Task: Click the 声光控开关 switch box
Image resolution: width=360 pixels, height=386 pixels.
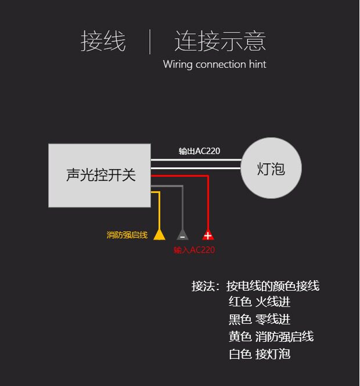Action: tap(99, 175)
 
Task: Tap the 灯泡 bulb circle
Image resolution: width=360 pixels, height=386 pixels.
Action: tap(271, 169)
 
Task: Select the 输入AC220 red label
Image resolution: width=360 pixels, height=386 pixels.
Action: tap(194, 250)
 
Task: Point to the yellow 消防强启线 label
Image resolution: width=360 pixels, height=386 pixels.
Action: tap(127, 235)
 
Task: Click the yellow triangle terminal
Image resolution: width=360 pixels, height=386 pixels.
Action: tap(159, 235)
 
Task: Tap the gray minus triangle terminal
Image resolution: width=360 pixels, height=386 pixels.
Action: tap(182, 235)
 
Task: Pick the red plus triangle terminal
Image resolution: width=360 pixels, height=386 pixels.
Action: tap(208, 235)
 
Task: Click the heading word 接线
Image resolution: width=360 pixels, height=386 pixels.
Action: tap(103, 41)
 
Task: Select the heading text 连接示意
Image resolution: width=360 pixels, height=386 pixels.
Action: tap(220, 41)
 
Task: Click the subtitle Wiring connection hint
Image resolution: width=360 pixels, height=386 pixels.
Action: tap(214, 64)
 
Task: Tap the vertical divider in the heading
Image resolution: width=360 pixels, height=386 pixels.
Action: tap(150, 41)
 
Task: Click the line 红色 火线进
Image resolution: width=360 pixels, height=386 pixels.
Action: tap(260, 302)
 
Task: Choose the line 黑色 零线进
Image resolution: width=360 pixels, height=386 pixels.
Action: tap(260, 319)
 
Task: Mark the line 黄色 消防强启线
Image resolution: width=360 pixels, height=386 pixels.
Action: tap(271, 337)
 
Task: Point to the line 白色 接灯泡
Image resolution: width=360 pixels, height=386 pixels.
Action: tap(260, 354)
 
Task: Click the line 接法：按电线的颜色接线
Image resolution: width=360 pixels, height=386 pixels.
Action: tap(255, 285)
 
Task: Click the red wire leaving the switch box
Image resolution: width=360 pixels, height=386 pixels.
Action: tap(180, 175)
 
